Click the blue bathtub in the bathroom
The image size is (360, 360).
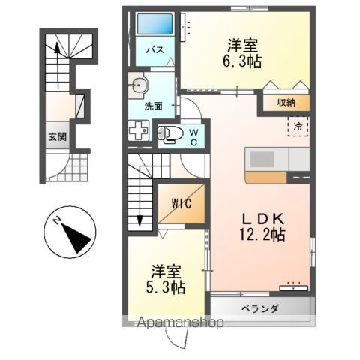155,24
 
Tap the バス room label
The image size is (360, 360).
155,50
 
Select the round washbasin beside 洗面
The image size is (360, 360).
137,85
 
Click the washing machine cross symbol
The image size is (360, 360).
138,130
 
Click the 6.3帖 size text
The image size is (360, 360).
242,61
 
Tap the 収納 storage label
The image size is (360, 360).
286,102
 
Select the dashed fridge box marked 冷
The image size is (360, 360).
298,127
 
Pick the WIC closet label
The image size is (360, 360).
181,203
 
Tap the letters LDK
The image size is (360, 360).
262,219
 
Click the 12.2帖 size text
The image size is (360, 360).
262,235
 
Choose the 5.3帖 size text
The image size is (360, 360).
166,287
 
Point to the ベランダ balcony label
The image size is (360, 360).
260,308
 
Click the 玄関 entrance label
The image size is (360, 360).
58,137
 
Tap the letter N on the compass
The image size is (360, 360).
57,220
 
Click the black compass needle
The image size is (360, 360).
76,238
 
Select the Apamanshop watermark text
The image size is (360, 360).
180,322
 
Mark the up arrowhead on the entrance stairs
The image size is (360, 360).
58,48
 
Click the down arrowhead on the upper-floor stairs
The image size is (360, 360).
139,221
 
